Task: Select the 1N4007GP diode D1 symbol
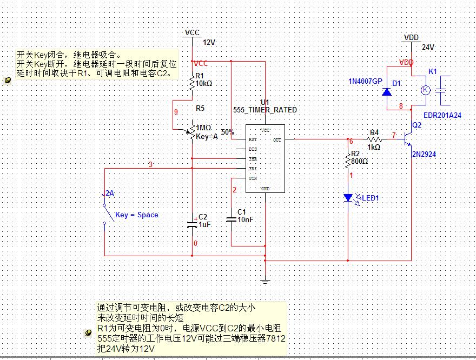(x=386, y=91)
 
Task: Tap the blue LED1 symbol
(x=349, y=198)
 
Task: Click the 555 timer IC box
(x=265, y=159)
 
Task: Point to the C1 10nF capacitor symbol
(x=231, y=219)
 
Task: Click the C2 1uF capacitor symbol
(x=193, y=224)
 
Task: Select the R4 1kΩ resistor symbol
(x=374, y=139)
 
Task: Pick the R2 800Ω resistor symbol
(x=349, y=159)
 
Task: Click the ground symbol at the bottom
(x=265, y=281)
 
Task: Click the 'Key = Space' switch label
(x=136, y=215)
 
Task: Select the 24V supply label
(x=428, y=48)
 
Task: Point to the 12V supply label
(x=209, y=42)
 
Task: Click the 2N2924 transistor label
(x=424, y=154)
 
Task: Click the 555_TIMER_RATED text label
(x=265, y=110)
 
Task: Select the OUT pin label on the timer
(x=277, y=139)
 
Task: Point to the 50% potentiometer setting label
(x=228, y=131)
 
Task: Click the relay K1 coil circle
(x=425, y=90)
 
